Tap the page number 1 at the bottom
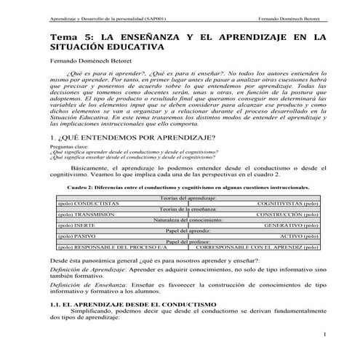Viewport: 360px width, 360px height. click(x=322, y=354)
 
